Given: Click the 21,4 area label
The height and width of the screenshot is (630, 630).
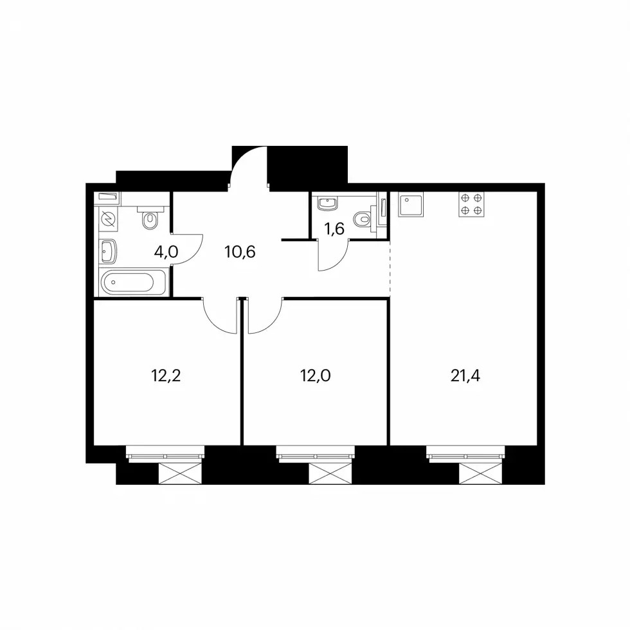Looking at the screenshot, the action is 465,376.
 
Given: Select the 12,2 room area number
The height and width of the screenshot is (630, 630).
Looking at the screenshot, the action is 166,376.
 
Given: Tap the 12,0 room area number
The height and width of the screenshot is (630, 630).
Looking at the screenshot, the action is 316,376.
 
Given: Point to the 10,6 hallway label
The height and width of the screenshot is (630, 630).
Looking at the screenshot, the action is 240,252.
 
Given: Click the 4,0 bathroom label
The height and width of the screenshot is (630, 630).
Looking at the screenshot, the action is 166,252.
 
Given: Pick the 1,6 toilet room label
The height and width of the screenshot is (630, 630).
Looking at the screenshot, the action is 334,229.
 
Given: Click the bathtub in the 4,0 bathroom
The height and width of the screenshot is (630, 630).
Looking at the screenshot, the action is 133,282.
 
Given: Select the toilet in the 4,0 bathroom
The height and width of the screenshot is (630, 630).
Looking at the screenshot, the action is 150,217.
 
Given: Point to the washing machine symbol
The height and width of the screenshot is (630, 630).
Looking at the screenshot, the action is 108,219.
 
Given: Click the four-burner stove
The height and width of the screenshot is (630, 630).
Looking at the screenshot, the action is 471,204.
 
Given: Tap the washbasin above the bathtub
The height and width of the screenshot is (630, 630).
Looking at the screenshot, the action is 108,251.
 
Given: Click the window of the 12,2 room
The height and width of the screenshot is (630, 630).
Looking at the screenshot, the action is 165,454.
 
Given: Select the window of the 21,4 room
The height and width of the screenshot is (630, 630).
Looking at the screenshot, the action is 465,454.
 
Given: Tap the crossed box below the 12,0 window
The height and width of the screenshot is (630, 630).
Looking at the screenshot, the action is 330,473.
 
